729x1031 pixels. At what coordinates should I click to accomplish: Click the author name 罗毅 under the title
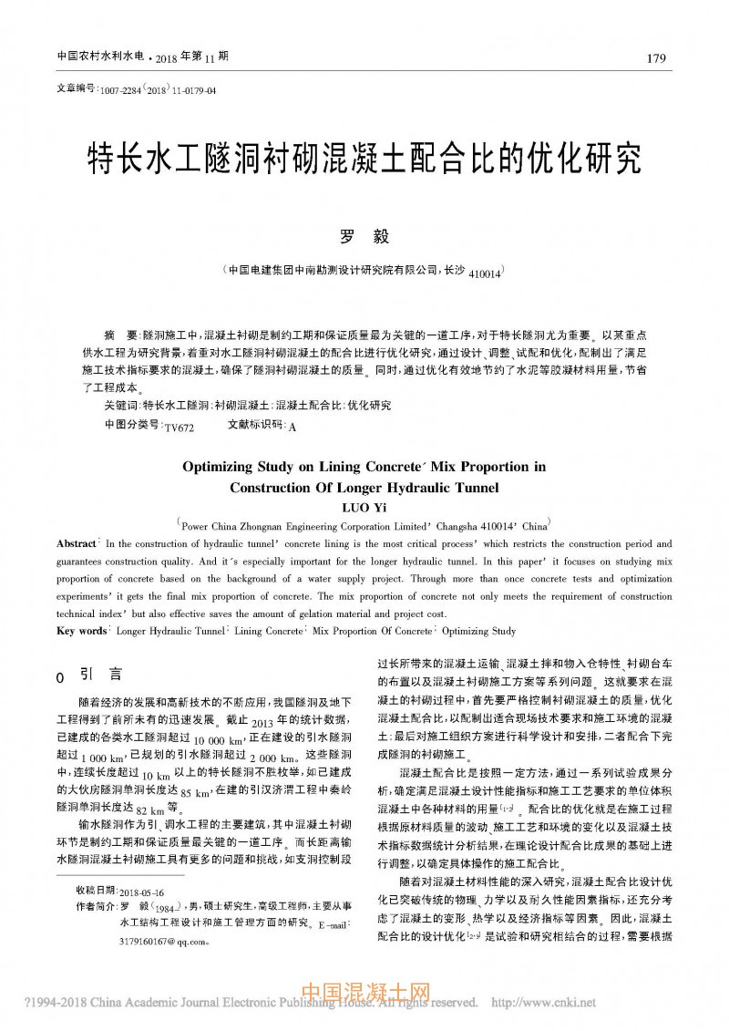(364, 237)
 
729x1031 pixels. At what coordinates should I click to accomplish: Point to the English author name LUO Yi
(364, 507)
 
